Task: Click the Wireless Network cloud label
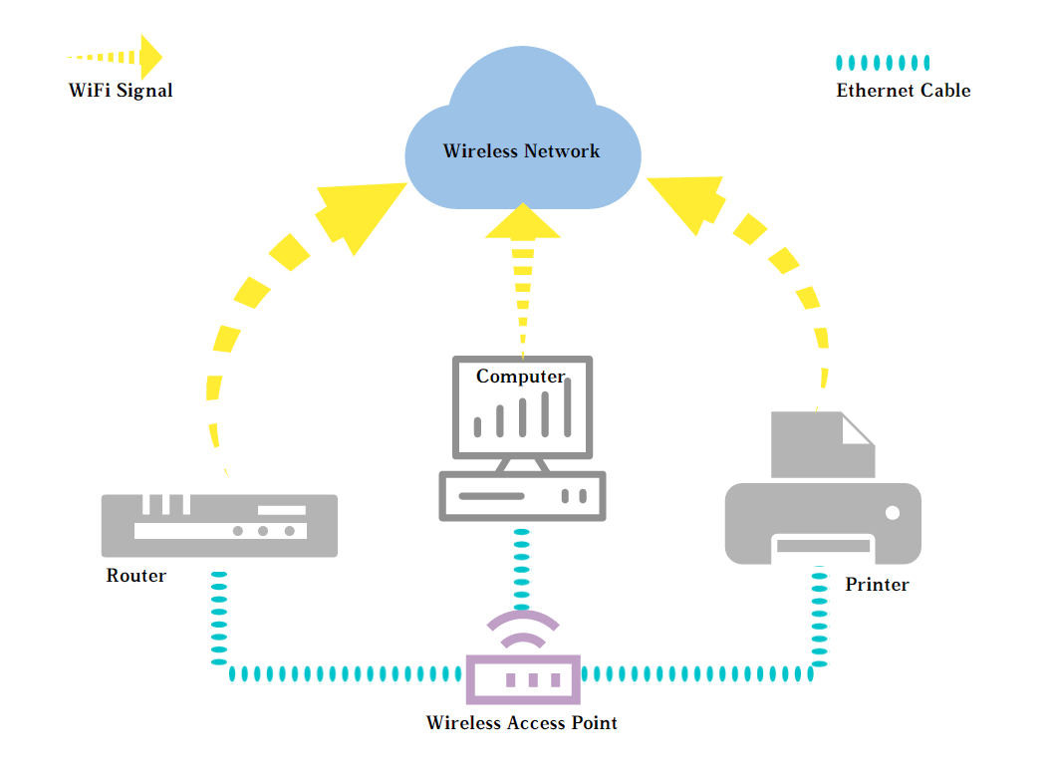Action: pyautogui.click(x=521, y=151)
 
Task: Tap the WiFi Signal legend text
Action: pyautogui.click(x=121, y=91)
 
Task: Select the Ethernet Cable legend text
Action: pyautogui.click(x=903, y=91)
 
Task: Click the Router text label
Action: pyautogui.click(x=136, y=576)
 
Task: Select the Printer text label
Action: pyautogui.click(x=877, y=585)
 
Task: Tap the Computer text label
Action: pyautogui.click(x=520, y=377)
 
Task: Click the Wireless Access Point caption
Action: pyautogui.click(x=521, y=723)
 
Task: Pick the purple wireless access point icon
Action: pyautogui.click(x=523, y=677)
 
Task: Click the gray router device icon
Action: pyautogui.click(x=219, y=525)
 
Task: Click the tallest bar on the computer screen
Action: pyautogui.click(x=568, y=407)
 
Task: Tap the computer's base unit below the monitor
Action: pyautogui.click(x=522, y=496)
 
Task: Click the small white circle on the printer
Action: pyautogui.click(x=892, y=512)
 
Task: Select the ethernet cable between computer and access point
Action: pyautogui.click(x=521, y=568)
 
